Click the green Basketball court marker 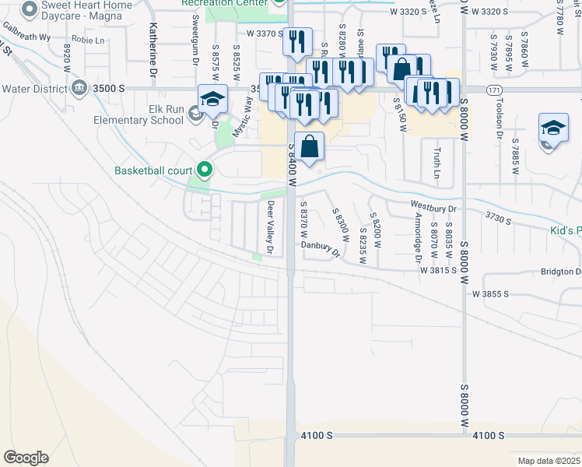pyautogui.click(x=205, y=169)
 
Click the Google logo pyautogui.click(x=26, y=458)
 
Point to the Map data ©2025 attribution pyautogui.click(x=549, y=461)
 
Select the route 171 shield pyautogui.click(x=494, y=90)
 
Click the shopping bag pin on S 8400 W pyautogui.click(x=309, y=146)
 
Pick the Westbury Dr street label pyautogui.click(x=433, y=208)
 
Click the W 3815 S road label pyautogui.click(x=438, y=271)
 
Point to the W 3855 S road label pyautogui.click(x=489, y=293)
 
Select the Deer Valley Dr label pyautogui.click(x=271, y=228)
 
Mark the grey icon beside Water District pyautogui.click(x=79, y=89)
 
